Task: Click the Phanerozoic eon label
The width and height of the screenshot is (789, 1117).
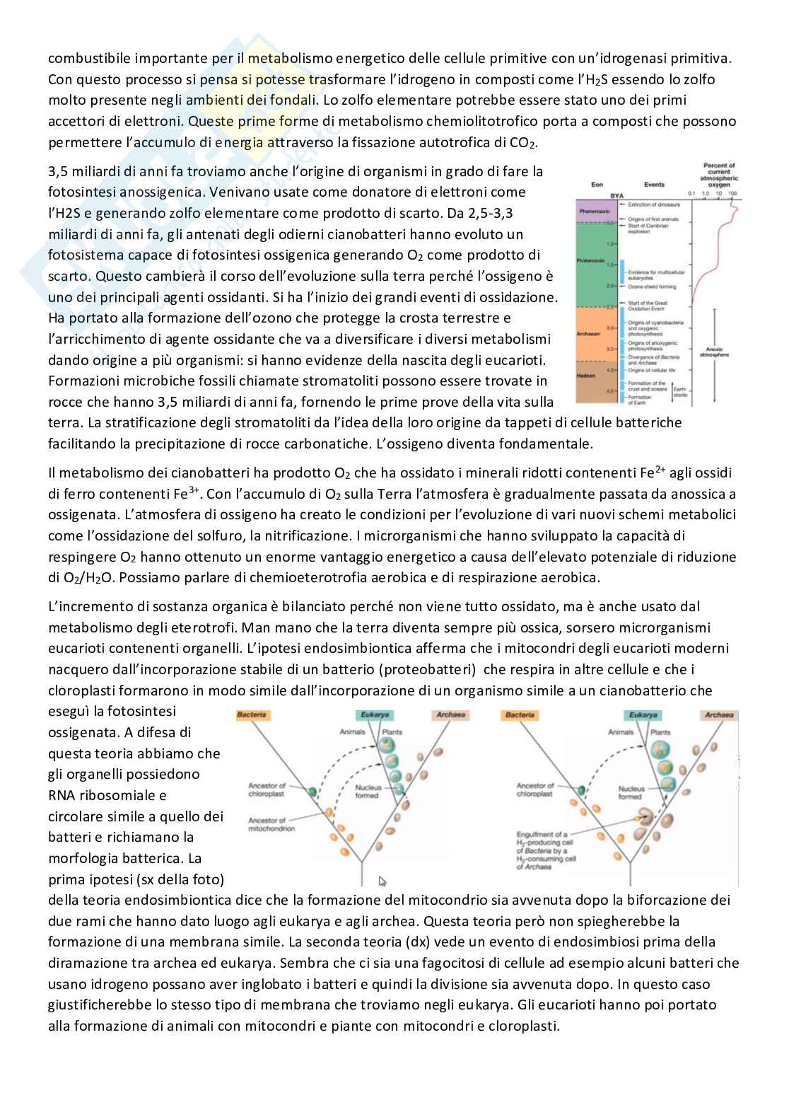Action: [590, 212]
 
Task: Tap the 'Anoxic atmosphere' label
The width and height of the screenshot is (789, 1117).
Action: [717, 352]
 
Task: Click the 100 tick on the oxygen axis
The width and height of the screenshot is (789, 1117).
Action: [732, 193]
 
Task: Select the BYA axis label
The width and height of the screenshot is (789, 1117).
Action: [617, 195]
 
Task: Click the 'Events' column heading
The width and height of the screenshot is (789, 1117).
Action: [654, 185]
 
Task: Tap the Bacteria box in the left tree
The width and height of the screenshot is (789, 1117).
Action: [252, 715]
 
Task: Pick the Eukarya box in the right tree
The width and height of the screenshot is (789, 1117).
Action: [642, 715]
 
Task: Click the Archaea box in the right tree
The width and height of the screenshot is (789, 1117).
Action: [718, 715]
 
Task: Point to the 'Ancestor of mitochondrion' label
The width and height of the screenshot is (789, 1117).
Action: [271, 824]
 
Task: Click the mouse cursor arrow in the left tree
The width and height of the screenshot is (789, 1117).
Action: [382, 881]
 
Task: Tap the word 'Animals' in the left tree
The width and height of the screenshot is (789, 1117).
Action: [352, 732]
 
